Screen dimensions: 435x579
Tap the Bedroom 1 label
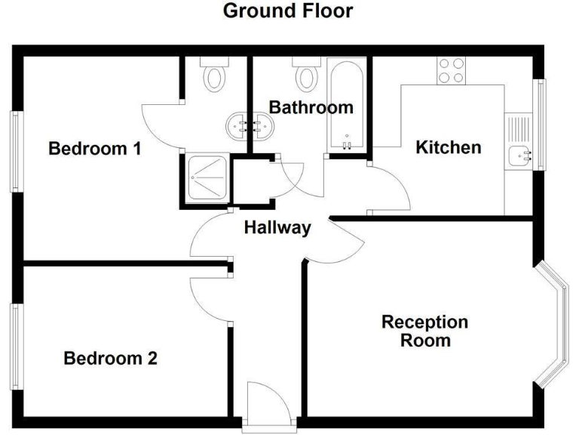coord(95,149)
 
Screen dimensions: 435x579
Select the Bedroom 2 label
coord(110,358)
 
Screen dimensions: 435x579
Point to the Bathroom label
coord(311,107)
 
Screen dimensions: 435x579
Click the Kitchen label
coord(449,147)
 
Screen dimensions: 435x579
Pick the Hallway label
coord(277,227)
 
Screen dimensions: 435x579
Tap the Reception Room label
coord(424,332)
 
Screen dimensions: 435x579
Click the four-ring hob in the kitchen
coord(450,70)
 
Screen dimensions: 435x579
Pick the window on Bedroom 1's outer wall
coord(15,151)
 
